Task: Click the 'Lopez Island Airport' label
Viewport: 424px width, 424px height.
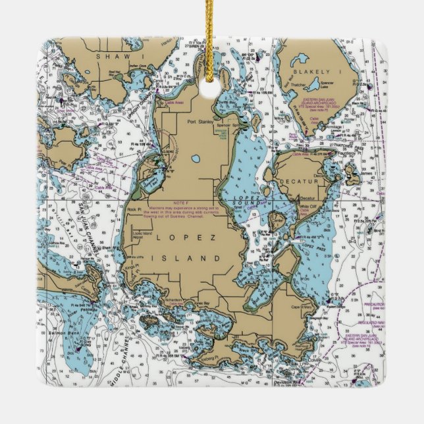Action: click(x=142, y=237)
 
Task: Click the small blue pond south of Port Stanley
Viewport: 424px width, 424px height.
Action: click(x=196, y=159)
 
